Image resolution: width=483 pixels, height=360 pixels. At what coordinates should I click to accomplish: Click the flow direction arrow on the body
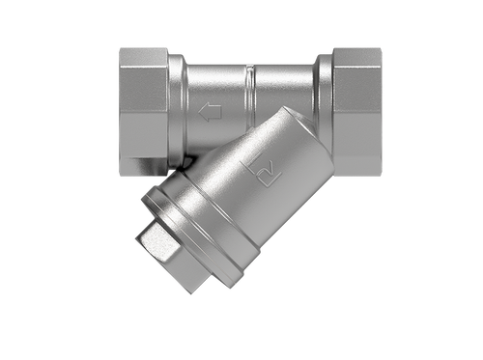[x=206, y=112]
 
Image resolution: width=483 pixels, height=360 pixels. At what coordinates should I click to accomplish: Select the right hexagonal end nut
[x=356, y=111]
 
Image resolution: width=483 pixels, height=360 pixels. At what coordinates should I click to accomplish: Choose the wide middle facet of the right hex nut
[x=356, y=111]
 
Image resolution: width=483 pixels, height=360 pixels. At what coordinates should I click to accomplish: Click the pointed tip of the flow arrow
[x=199, y=112]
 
